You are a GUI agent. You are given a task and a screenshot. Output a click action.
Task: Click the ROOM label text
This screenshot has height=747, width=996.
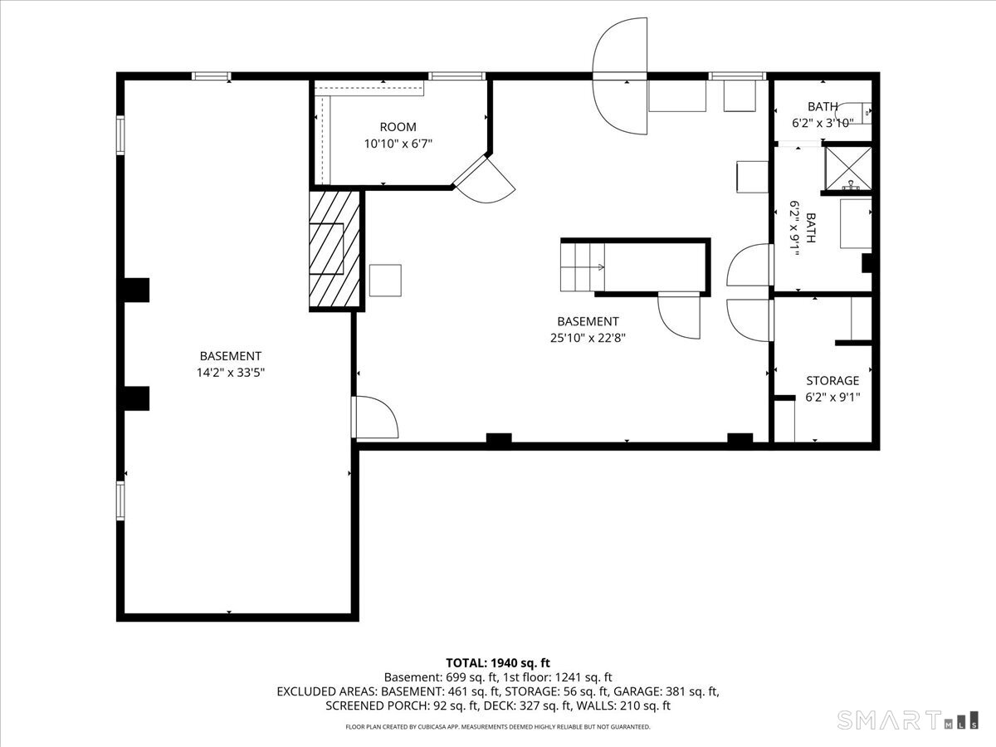[x=398, y=127]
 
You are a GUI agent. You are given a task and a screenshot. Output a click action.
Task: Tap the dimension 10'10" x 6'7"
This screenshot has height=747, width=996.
[x=398, y=144]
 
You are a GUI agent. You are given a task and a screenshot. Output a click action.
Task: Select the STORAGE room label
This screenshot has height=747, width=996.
[x=832, y=380]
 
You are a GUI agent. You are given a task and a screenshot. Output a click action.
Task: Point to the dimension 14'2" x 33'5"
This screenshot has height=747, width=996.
[x=231, y=373]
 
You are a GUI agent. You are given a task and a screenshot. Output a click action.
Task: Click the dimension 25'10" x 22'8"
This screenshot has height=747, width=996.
[x=588, y=338]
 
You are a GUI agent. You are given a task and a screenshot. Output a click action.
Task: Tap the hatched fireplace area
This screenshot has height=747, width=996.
[x=334, y=250]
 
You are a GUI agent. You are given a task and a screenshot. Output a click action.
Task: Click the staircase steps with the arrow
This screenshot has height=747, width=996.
[x=582, y=267]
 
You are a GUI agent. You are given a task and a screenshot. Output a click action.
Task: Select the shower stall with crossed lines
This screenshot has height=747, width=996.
[x=848, y=168]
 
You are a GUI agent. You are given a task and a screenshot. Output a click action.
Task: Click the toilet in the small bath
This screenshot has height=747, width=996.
[x=854, y=113]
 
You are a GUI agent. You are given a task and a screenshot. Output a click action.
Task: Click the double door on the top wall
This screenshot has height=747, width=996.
[x=620, y=76]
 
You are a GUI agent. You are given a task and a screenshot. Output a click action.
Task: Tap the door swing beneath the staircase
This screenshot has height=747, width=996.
[x=679, y=315]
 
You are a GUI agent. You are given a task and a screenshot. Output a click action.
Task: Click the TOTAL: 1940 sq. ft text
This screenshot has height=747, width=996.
[x=498, y=663]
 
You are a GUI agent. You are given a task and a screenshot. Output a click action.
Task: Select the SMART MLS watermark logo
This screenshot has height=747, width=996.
[x=907, y=720]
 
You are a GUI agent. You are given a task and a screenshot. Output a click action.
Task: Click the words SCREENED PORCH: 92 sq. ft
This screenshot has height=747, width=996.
[x=402, y=705]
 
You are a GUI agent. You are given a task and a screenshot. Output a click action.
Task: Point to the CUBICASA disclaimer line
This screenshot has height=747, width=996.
[x=498, y=727]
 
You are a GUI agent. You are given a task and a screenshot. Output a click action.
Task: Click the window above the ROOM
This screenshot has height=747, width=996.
[x=457, y=76]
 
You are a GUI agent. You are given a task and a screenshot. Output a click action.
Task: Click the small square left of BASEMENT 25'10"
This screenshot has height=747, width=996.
[x=385, y=281]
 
